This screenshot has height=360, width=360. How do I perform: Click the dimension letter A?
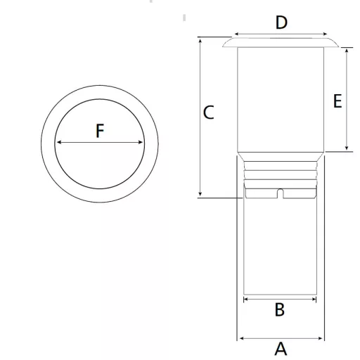[281, 349]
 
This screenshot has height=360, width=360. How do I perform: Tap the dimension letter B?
[280, 309]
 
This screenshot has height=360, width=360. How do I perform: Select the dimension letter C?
[208, 112]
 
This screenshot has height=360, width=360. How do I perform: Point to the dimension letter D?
[281, 22]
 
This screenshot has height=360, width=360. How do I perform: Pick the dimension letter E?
[337, 101]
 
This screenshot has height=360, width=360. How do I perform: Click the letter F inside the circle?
[100, 131]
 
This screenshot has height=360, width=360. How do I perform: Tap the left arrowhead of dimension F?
[59, 142]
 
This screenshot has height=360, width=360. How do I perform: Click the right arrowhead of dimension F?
[141, 142]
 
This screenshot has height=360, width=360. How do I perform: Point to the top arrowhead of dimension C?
[200, 41]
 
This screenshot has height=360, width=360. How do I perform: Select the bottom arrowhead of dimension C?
[200, 194]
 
